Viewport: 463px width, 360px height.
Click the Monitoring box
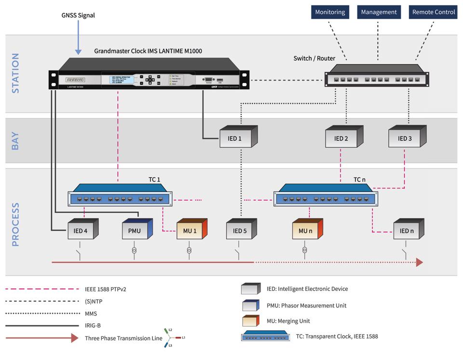click(x=330, y=12)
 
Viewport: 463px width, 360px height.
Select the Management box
click(x=379, y=12)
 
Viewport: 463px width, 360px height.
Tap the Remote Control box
click(x=433, y=12)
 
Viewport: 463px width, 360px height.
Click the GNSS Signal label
click(x=78, y=15)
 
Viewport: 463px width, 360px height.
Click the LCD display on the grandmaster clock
click(x=118, y=79)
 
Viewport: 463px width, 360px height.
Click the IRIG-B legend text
click(x=93, y=326)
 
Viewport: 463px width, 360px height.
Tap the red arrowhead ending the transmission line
click(x=419, y=262)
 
